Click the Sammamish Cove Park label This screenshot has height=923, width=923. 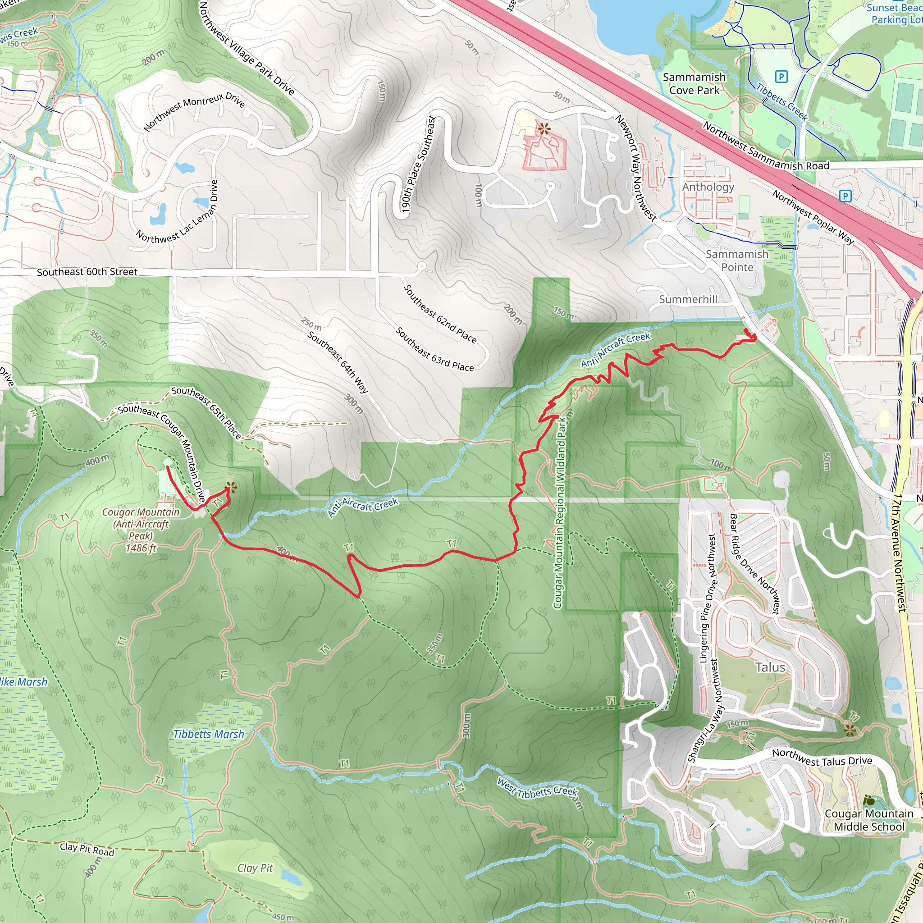(694, 84)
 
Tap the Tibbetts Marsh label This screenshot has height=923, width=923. (208, 734)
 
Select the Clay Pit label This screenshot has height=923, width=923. (255, 854)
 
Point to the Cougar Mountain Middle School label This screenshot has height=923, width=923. (869, 820)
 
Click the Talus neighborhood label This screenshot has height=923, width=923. (770, 667)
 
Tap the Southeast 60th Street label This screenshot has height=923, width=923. (87, 272)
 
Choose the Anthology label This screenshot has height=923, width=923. (708, 187)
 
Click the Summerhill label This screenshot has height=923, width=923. (688, 300)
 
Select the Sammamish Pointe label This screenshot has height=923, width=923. (737, 260)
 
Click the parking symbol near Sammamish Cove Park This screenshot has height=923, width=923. (781, 77)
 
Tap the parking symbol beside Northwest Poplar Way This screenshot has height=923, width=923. (845, 196)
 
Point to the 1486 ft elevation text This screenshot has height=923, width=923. (141, 548)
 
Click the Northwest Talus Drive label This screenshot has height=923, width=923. (822, 757)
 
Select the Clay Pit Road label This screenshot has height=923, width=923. (87, 849)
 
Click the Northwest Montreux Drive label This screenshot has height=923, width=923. (194, 111)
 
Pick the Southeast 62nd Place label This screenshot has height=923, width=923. (440, 314)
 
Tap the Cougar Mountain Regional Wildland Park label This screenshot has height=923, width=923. (559, 512)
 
